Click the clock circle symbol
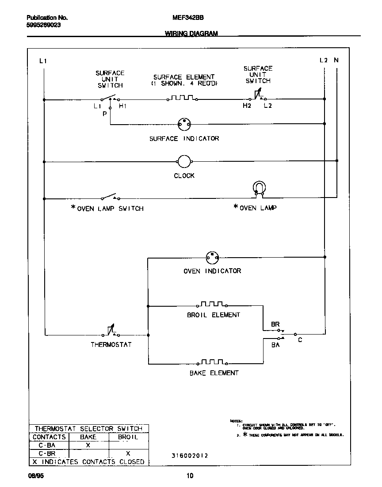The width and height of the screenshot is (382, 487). (x=184, y=162)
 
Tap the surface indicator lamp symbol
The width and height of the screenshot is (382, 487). (x=184, y=125)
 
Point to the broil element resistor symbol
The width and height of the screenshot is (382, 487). (x=213, y=304)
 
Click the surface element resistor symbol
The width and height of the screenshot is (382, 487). (x=182, y=98)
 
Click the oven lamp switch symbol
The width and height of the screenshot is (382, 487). (x=110, y=196)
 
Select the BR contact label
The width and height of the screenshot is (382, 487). (x=275, y=324)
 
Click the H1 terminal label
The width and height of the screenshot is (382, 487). (x=122, y=107)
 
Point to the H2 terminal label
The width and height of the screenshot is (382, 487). (x=246, y=107)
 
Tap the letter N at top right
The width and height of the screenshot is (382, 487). (x=336, y=60)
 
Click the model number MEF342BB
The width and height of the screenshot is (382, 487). (x=184, y=18)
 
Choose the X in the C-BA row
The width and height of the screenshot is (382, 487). (x=88, y=445)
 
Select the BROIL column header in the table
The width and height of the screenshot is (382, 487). (x=128, y=437)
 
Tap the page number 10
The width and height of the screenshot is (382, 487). (x=189, y=476)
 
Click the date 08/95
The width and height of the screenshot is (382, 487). (x=34, y=476)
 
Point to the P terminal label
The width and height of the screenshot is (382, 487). (x=105, y=114)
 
